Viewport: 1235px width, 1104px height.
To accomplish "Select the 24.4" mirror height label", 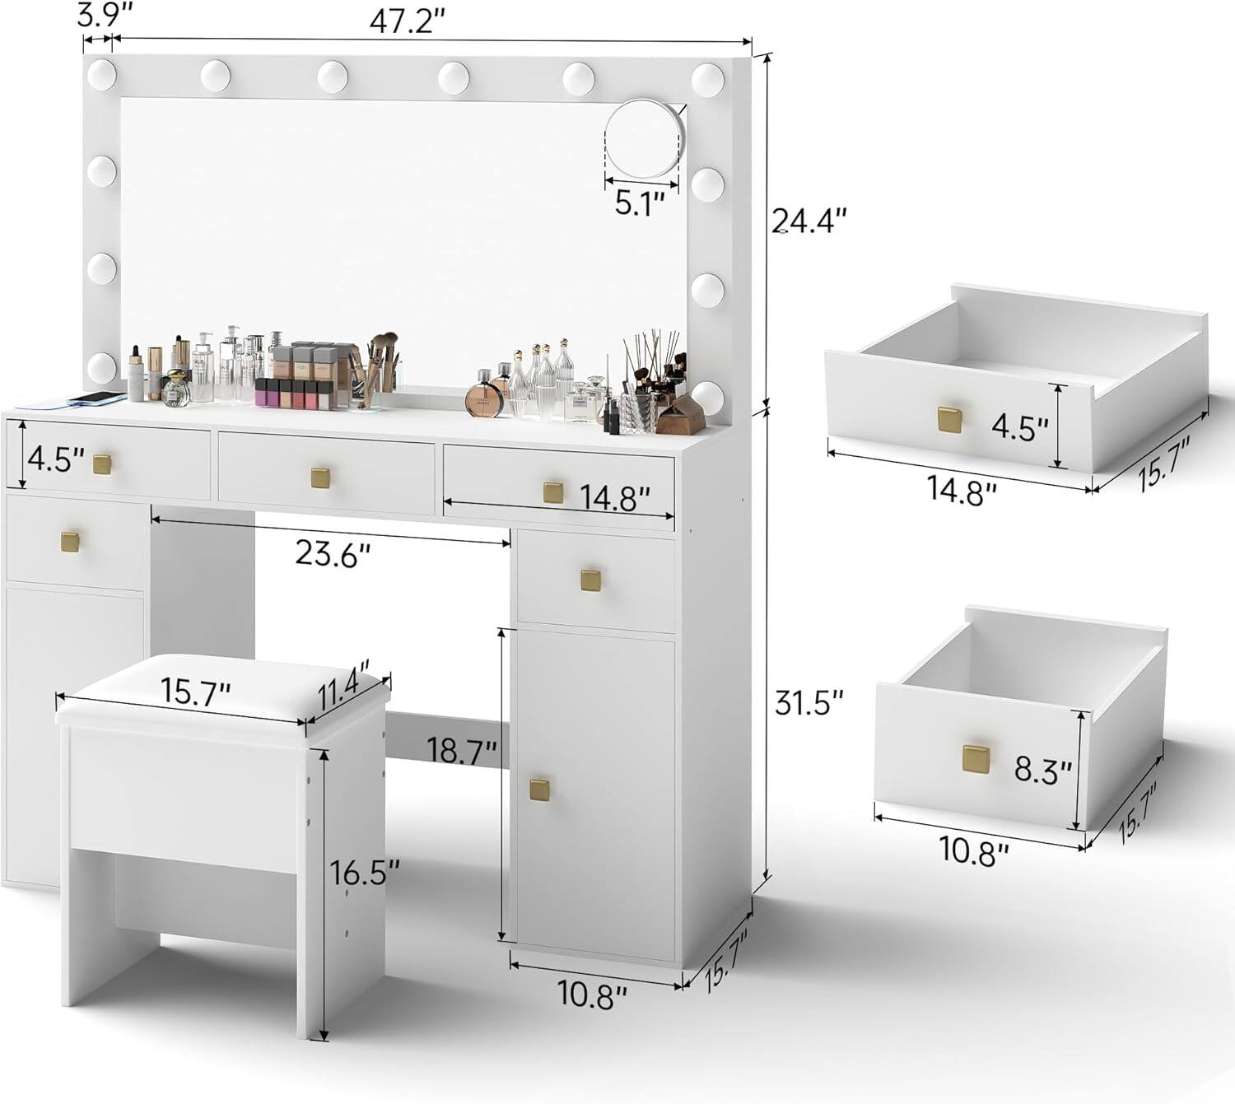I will coord(809,221).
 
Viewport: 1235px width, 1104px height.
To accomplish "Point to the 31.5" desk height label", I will coord(809,703).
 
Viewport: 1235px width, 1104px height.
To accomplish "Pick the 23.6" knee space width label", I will coord(328,556).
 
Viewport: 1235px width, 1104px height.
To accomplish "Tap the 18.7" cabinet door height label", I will coord(462,750).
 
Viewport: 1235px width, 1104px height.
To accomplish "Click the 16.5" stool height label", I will coord(365,871).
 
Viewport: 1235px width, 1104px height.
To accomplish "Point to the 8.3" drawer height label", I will coord(1042,771).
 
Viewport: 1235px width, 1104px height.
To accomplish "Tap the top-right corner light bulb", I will coord(707,78).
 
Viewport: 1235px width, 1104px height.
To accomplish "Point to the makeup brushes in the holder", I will coord(380,362).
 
